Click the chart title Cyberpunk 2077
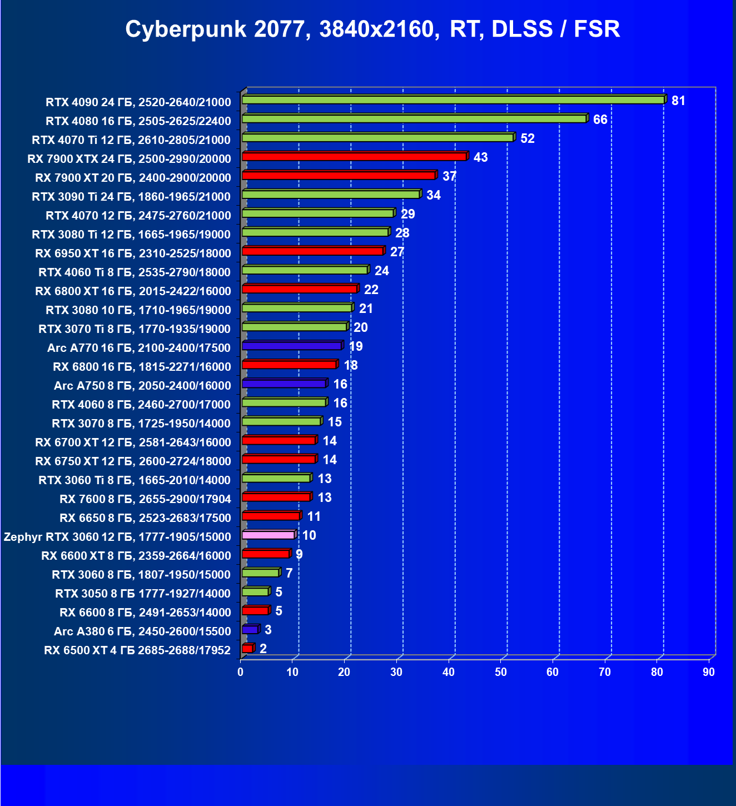372,29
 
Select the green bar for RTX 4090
453,100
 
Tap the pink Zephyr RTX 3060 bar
268,535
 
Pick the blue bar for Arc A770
292,346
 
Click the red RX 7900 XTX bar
354,157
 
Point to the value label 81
678,101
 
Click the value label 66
600,120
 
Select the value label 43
480,157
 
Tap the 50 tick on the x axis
501,672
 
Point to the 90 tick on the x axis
709,672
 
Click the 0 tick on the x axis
241,672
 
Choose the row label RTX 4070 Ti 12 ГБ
131,140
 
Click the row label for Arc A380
142,631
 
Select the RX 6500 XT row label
137,650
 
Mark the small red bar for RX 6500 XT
247,648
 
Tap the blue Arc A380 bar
250,629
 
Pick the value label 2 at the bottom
263,649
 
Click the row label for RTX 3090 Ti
131,196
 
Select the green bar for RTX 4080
414,119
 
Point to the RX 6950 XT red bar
312,251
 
